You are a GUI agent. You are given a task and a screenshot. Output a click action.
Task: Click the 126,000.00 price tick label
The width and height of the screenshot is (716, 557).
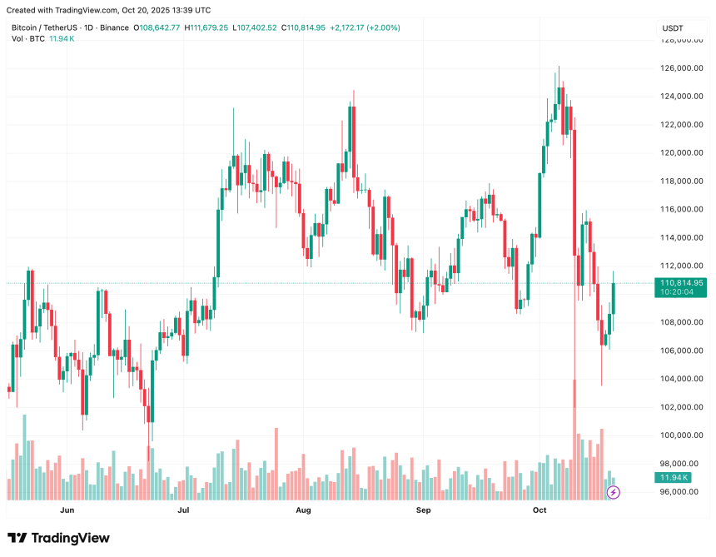[x=679, y=68]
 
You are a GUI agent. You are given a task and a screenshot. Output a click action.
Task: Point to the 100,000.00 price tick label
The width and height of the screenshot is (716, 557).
[x=679, y=435]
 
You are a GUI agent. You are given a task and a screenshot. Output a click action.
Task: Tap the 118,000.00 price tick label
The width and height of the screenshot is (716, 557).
[x=679, y=182]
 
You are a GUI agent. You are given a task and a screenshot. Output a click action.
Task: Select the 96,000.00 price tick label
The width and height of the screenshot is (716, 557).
[x=679, y=492]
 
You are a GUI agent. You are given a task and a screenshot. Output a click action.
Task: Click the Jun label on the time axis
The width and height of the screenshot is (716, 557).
[x=67, y=510]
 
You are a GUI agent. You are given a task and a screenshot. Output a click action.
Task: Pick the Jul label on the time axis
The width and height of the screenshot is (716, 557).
[x=183, y=510]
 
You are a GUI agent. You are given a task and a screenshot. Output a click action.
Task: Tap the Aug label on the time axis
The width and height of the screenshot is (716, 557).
[x=303, y=510]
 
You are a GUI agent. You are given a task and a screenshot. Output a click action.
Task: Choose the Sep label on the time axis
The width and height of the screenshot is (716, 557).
[x=423, y=510]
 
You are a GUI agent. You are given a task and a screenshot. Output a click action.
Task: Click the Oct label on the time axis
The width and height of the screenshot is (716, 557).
[x=539, y=510]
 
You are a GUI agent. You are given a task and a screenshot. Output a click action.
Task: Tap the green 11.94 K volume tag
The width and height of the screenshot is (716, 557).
[x=673, y=477]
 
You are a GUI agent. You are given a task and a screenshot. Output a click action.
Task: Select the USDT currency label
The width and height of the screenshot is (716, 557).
[x=673, y=28]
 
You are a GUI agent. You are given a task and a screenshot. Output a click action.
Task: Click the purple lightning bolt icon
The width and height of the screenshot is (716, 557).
[x=614, y=492]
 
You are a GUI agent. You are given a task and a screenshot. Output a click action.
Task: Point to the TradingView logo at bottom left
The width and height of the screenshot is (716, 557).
[x=58, y=538]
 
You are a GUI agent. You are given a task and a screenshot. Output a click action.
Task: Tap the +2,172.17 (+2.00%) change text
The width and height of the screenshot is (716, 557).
[x=365, y=27]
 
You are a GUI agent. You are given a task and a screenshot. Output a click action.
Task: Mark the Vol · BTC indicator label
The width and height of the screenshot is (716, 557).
[x=28, y=39]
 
